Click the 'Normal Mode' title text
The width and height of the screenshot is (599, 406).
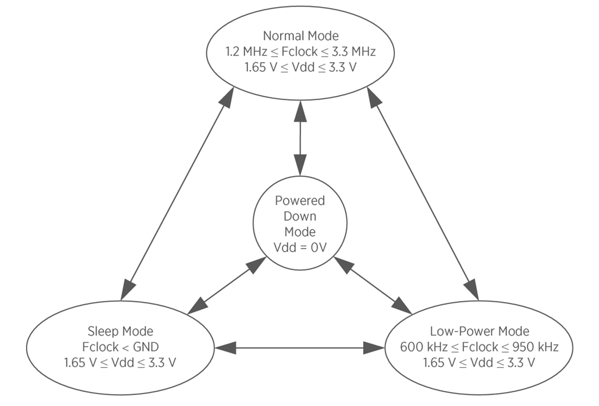pyautogui.click(x=301, y=36)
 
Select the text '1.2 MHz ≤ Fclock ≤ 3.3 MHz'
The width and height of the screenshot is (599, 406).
pyautogui.click(x=301, y=52)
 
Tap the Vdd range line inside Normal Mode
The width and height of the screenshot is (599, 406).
pyautogui.click(x=301, y=67)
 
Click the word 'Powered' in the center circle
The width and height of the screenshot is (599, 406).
pyautogui.click(x=300, y=200)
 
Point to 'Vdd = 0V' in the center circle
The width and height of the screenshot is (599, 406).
pyautogui.click(x=300, y=248)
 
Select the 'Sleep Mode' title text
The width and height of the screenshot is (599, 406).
pyautogui.click(x=120, y=331)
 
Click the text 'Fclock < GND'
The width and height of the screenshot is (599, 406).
pyautogui.click(x=120, y=347)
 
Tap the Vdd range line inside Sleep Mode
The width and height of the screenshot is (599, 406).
pyautogui.click(x=120, y=362)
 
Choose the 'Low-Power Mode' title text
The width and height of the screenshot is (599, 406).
pyautogui.click(x=479, y=331)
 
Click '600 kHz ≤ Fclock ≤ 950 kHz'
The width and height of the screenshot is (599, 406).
pyautogui.click(x=479, y=347)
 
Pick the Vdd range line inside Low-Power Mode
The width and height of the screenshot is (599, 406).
pyautogui.click(x=479, y=362)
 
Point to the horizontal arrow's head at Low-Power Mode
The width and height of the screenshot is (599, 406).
pyautogui.click(x=375, y=347)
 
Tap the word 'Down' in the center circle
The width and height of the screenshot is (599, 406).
pyautogui.click(x=300, y=216)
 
